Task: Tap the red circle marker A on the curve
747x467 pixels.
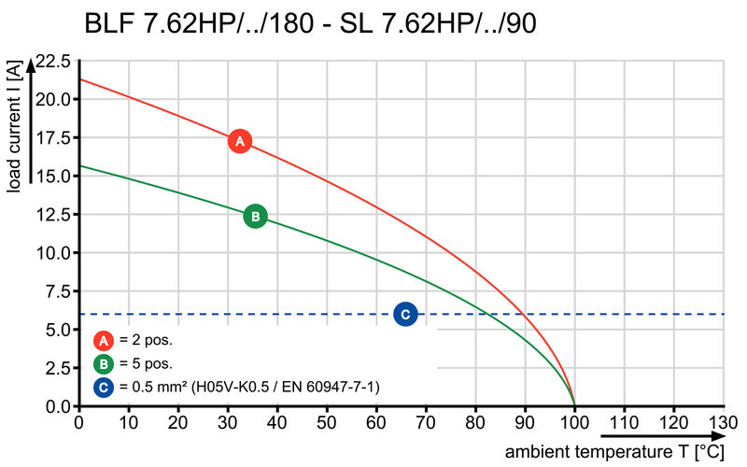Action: coord(240,141)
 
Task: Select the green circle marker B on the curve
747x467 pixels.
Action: coord(255,216)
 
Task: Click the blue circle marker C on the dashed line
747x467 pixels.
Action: coord(404,314)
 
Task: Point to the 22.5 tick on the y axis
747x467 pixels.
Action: coord(51,62)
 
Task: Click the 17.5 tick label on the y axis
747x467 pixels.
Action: coord(51,138)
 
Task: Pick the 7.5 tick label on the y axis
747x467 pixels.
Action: coord(56,291)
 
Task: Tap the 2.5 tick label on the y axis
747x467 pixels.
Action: coord(56,368)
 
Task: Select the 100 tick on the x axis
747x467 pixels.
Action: coord(574,422)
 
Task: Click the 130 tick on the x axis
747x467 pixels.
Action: coord(724,422)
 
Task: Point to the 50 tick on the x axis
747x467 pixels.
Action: coord(327,422)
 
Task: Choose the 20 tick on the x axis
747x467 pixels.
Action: coord(177,422)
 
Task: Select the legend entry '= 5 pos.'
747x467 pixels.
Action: coord(145,363)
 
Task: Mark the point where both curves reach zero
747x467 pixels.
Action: coord(574,406)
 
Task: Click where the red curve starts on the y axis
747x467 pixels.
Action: coord(78,79)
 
